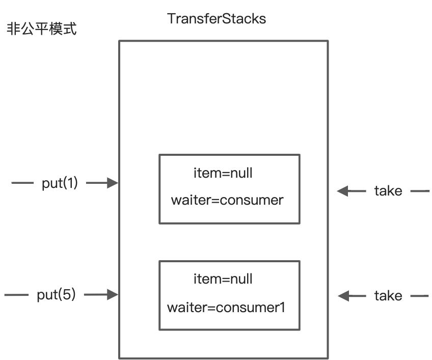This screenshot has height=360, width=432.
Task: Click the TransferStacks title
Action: click(x=217, y=19)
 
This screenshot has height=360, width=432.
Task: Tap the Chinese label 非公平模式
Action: click(x=42, y=29)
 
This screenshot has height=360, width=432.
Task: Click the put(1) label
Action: click(x=60, y=183)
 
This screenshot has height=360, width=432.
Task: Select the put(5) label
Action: click(x=56, y=294)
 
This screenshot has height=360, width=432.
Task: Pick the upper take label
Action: click(x=388, y=191)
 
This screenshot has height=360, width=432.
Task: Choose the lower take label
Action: click(x=388, y=296)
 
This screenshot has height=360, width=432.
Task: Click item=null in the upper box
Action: click(x=223, y=174)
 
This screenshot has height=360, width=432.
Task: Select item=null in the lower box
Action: click(x=223, y=279)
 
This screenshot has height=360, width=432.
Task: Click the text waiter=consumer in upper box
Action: click(x=227, y=200)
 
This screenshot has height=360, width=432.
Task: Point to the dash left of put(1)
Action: click(x=22, y=183)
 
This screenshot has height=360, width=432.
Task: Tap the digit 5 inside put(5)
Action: click(x=67, y=294)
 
